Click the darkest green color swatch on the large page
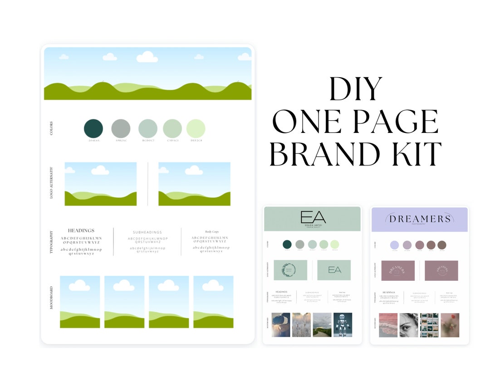point(93,128)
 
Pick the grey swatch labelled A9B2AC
point(121,128)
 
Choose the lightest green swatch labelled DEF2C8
point(196,128)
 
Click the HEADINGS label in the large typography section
point(81,230)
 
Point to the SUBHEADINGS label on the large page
point(147,232)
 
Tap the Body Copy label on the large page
point(211,231)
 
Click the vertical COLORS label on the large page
point(51,128)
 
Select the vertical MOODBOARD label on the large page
point(51,298)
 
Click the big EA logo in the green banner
point(313,217)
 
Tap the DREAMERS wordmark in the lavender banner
point(419,219)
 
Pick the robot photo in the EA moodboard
point(343,325)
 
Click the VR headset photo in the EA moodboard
point(281,325)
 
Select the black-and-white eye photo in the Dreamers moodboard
point(409,325)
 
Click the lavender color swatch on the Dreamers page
point(394,245)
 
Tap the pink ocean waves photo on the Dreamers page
point(388,325)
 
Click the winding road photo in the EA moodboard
point(322,325)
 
